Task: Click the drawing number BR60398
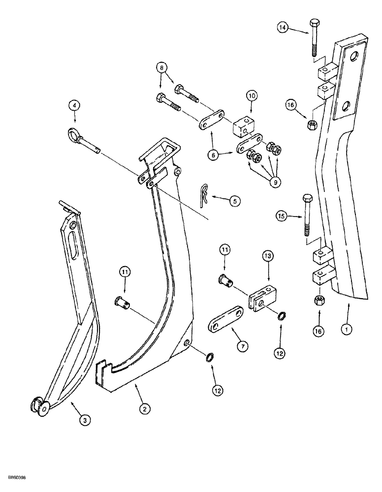(20, 477)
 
